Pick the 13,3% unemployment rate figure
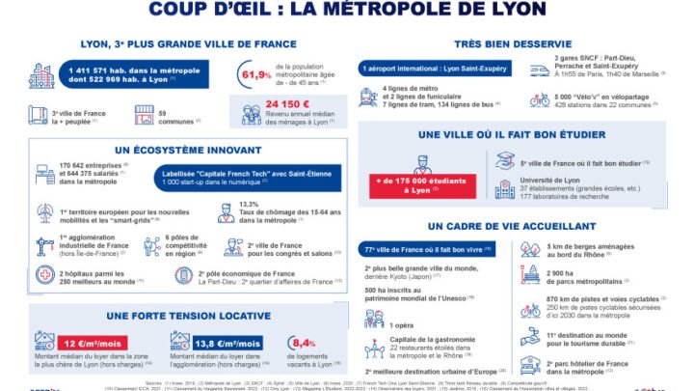251,204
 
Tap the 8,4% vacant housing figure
303,344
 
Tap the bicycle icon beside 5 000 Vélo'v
540,98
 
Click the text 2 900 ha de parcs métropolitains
599,279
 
